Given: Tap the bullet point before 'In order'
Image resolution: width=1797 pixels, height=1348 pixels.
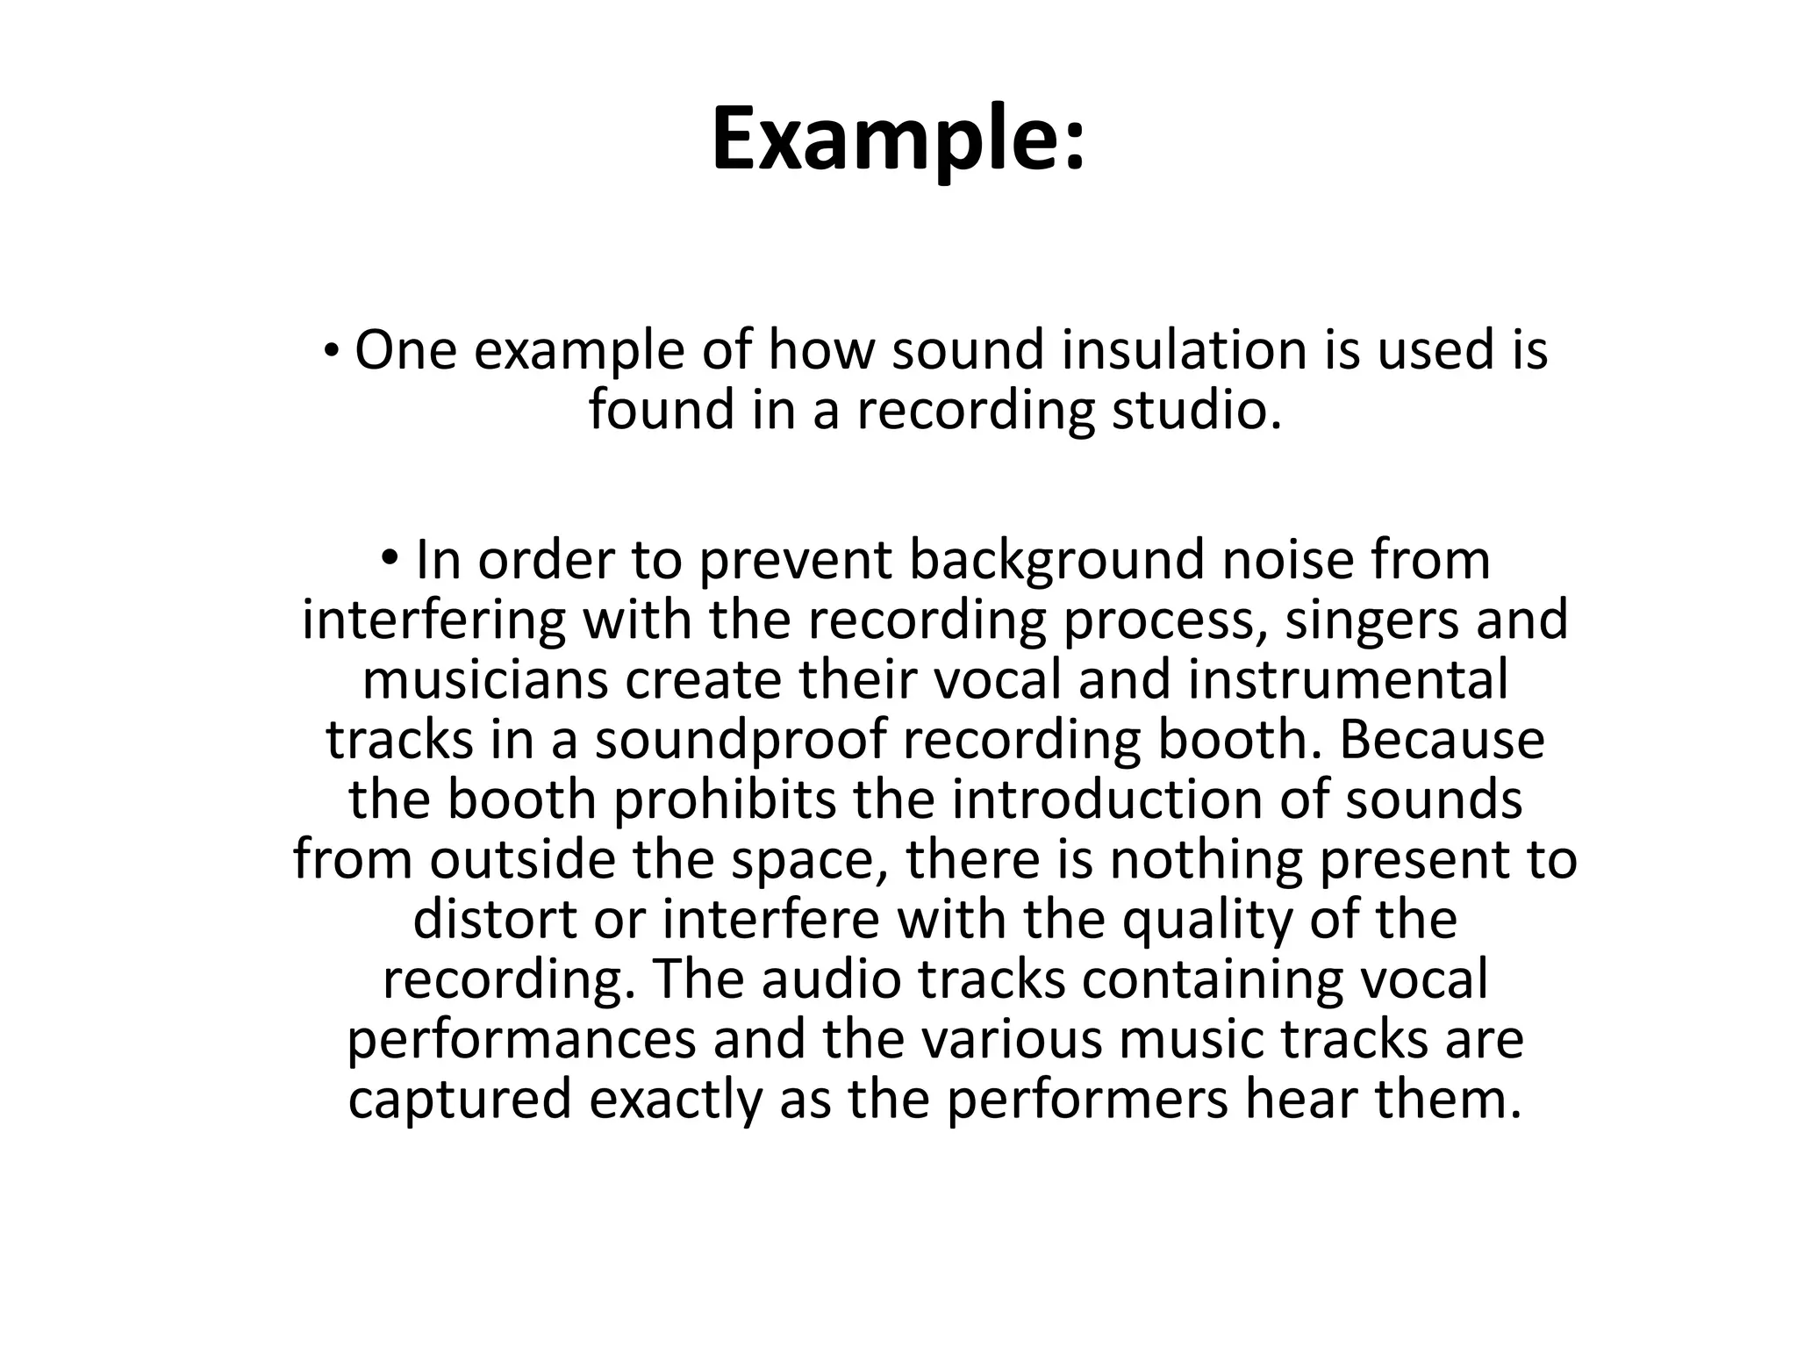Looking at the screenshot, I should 390,559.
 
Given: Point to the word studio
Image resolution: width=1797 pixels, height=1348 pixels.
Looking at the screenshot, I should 1197,410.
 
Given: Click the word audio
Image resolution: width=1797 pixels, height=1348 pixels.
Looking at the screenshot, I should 831,979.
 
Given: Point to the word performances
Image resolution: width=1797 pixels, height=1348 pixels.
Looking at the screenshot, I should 521,1039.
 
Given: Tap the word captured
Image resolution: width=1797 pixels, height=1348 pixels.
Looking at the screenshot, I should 460,1099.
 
